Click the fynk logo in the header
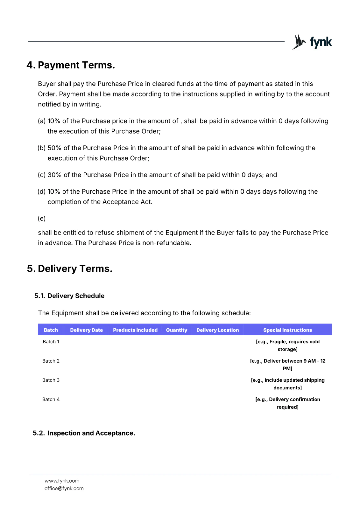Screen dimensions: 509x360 pyautogui.click(x=312, y=42)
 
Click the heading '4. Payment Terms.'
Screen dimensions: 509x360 pyautogui.click(x=71, y=65)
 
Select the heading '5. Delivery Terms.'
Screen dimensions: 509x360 pyautogui.click(x=69, y=269)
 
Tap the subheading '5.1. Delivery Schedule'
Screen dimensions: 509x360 pyautogui.click(x=69, y=296)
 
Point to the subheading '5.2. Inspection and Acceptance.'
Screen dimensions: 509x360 pyautogui.click(x=84, y=433)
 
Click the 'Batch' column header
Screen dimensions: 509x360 pyautogui.click(x=51, y=330)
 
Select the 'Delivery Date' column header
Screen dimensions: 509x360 pyautogui.click(x=87, y=330)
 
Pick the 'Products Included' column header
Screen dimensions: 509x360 pyautogui.click(x=135, y=330)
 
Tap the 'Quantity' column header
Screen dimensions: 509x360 pyautogui.click(x=177, y=330)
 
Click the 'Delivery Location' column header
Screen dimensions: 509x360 pyautogui.click(x=217, y=330)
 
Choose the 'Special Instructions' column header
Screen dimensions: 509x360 pyautogui.click(x=287, y=330)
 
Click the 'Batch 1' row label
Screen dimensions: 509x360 pyautogui.click(x=51, y=342)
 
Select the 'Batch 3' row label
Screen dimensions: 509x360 pyautogui.click(x=51, y=380)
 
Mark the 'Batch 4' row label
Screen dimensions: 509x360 pyautogui.click(x=51, y=400)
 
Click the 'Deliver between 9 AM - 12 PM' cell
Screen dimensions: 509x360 pyautogui.click(x=287, y=365)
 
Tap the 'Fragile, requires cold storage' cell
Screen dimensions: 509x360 pyautogui.click(x=287, y=345)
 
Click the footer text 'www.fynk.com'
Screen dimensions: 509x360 pyautogui.click(x=62, y=481)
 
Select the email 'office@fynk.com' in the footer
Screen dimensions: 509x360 pyautogui.click(x=64, y=489)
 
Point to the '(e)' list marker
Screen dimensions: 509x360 pyautogui.click(x=42, y=219)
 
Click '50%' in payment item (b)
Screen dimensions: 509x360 pyautogui.click(x=54, y=148)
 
